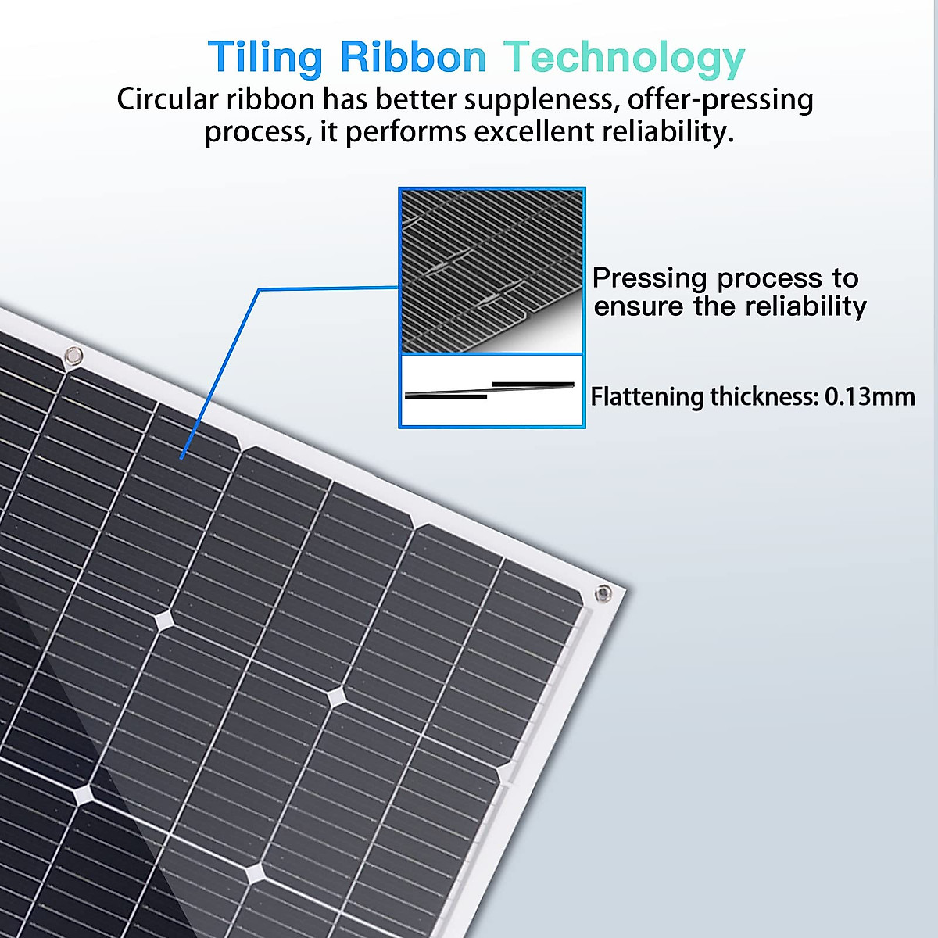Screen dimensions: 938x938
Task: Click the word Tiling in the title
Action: click(x=265, y=58)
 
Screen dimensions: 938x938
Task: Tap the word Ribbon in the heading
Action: click(x=413, y=58)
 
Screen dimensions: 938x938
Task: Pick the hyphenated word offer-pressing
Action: click(x=720, y=100)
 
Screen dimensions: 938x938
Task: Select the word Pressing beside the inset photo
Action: click(x=650, y=278)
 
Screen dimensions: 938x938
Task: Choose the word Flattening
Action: click(x=647, y=397)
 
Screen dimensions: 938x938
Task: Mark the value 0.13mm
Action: click(x=869, y=396)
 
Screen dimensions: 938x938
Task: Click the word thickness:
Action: click(x=764, y=396)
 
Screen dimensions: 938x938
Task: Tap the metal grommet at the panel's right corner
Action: click(x=603, y=593)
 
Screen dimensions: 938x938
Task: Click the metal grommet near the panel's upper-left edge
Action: click(x=73, y=356)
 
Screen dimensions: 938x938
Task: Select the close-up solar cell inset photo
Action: click(x=492, y=270)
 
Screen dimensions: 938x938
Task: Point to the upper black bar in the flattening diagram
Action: click(x=533, y=384)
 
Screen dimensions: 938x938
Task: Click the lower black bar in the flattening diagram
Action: click(x=446, y=396)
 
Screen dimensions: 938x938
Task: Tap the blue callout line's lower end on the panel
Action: click(x=181, y=458)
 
